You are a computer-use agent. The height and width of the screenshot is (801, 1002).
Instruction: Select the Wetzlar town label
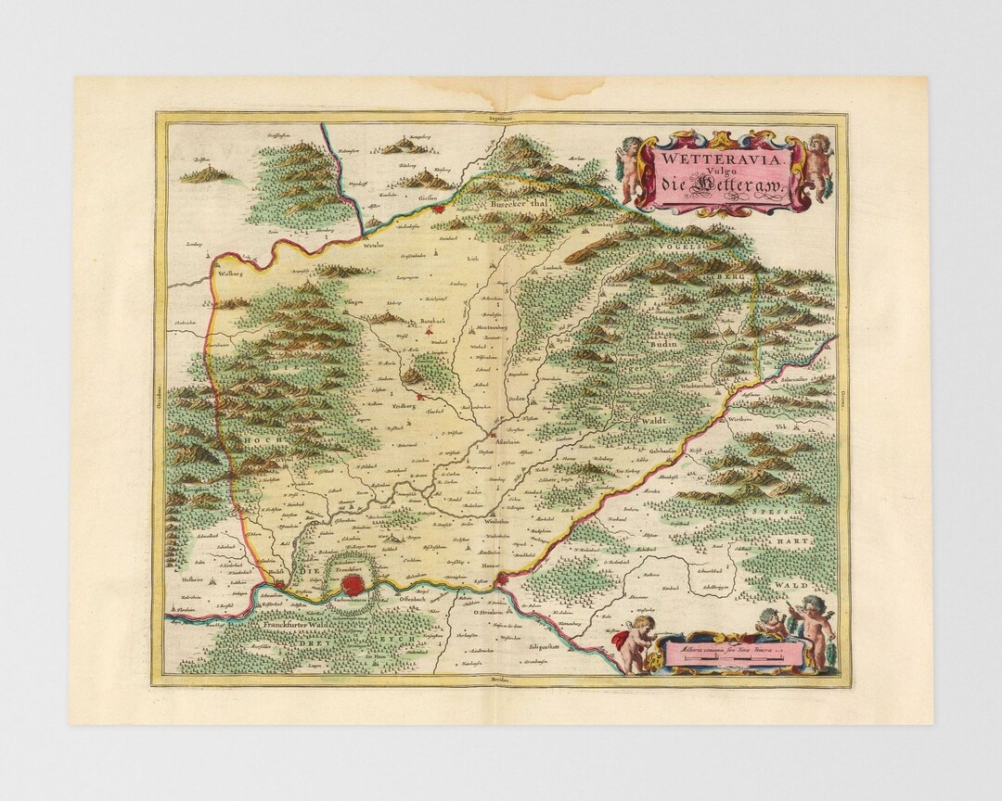coord(374,246)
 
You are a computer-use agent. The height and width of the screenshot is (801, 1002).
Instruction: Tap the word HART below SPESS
coord(797,540)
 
